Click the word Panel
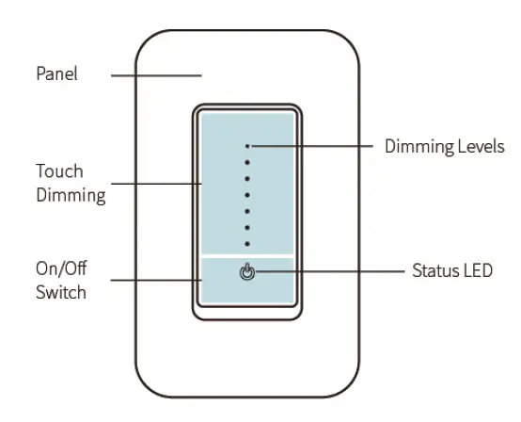coord(56,73)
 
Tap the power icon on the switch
coord(247,272)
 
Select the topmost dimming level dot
coord(247,147)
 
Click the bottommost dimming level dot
coord(247,243)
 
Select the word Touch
coord(59,171)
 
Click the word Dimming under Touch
coord(71,196)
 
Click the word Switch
coord(61,292)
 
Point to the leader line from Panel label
coord(156,73)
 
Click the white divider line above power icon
coord(247,254)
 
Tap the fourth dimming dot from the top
coord(247,195)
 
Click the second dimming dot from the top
coord(247,163)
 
